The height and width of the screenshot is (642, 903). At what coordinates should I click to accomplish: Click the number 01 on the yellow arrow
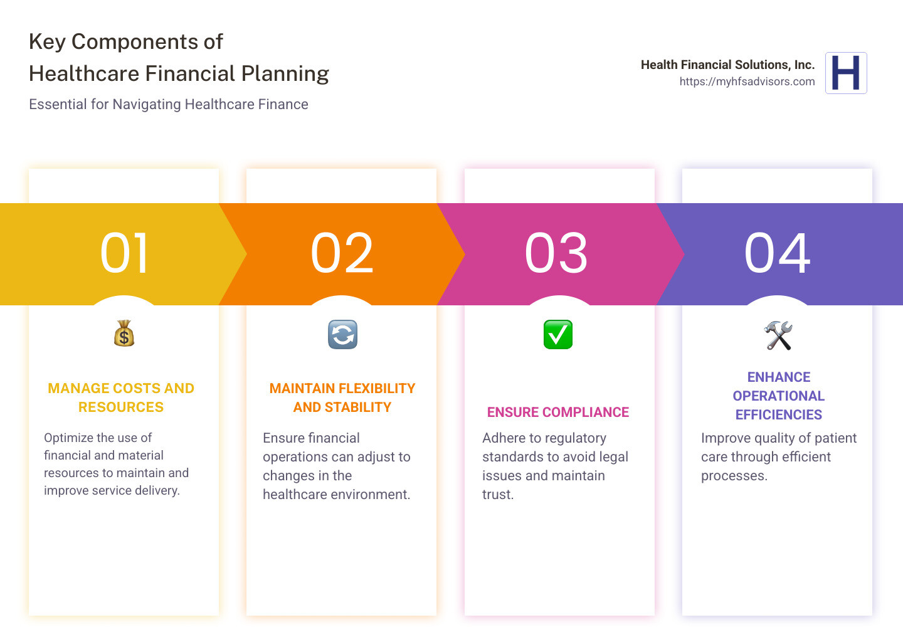click(125, 253)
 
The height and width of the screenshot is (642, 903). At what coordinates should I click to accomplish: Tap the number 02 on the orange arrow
click(342, 253)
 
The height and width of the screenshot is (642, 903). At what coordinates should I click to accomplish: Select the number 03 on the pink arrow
click(557, 253)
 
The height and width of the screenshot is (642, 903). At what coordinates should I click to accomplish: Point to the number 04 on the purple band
click(778, 253)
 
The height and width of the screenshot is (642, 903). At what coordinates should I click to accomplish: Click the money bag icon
click(124, 334)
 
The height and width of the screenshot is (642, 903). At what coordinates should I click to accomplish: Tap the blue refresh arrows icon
click(342, 334)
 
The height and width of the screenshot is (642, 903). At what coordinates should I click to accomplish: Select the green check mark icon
click(557, 334)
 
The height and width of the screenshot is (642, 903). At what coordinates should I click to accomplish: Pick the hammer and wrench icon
click(778, 335)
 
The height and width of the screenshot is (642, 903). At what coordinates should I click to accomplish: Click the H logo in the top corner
click(846, 73)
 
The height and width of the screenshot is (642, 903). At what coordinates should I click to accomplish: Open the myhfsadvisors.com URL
click(747, 82)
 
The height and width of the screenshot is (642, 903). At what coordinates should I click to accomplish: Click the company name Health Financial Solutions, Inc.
click(727, 65)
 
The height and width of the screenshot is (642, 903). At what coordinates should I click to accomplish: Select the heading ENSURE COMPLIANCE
click(557, 412)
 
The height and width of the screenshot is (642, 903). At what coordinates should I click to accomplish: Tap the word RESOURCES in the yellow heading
click(121, 407)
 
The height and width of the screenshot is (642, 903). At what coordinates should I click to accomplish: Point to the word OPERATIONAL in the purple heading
click(778, 396)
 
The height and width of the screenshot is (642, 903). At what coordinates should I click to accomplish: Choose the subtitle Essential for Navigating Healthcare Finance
click(168, 104)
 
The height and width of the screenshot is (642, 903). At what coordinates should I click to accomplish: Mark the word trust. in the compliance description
click(498, 494)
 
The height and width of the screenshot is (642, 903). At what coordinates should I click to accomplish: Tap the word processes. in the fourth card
click(734, 475)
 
